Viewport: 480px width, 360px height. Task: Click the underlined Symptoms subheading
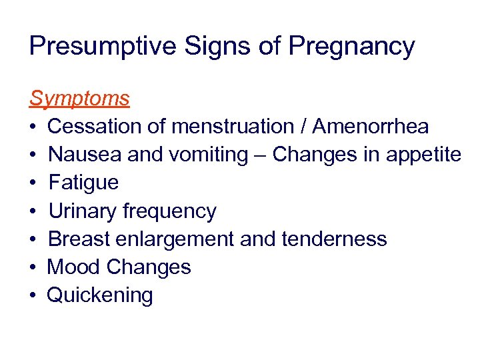pos(79,99)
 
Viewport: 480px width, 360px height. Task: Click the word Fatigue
pos(84,183)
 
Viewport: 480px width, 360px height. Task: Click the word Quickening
pos(100,295)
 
